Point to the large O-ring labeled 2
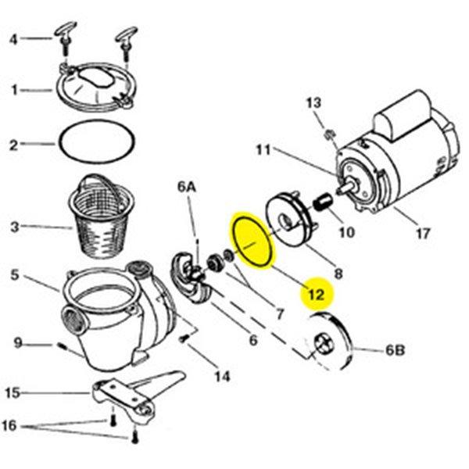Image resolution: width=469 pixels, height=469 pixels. coord(94,145)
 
